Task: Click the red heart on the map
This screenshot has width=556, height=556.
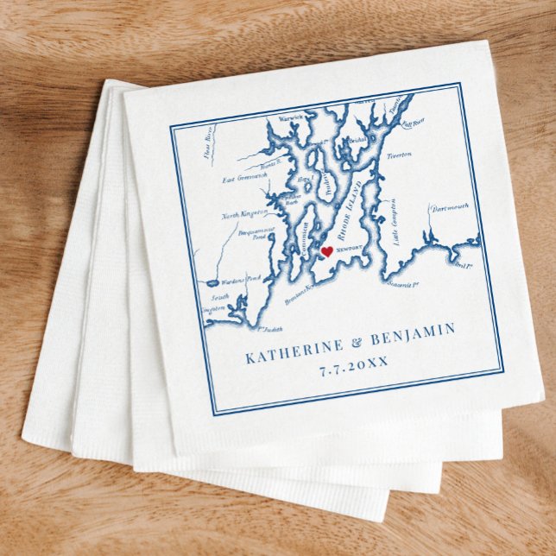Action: tap(326, 252)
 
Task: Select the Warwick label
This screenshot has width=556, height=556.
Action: tap(292, 117)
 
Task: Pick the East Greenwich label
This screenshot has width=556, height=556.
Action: tap(245, 179)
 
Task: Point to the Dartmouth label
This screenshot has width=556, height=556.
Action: tap(449, 208)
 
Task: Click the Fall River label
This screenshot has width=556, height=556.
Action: tap(414, 123)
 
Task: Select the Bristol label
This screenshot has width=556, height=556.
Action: tap(357, 139)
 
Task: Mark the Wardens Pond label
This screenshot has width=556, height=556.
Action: tap(241, 279)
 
